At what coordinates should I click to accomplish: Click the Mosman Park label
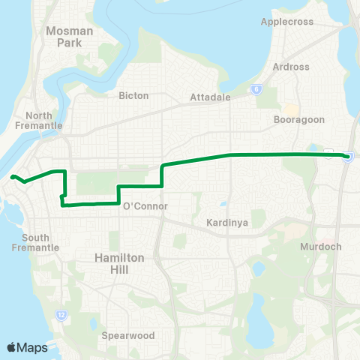68,37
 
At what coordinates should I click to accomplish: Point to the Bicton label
133,96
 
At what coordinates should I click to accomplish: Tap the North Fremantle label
44,121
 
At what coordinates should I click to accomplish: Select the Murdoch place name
321,247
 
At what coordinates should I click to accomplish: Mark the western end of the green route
13,177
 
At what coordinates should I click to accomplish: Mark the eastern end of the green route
347,156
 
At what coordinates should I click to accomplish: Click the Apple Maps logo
28,347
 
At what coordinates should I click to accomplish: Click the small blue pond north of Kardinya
223,204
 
